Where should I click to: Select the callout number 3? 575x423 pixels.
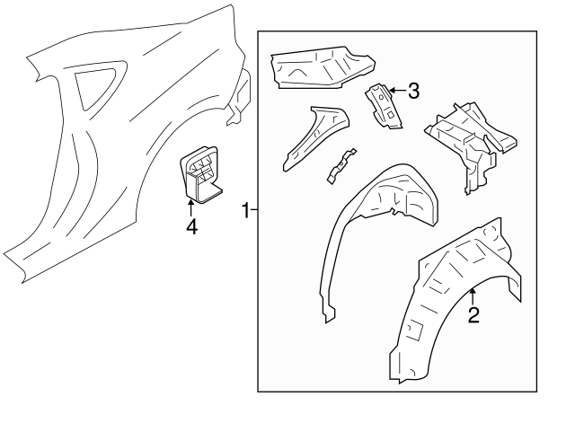[413, 90]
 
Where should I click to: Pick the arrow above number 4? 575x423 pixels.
[190, 208]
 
